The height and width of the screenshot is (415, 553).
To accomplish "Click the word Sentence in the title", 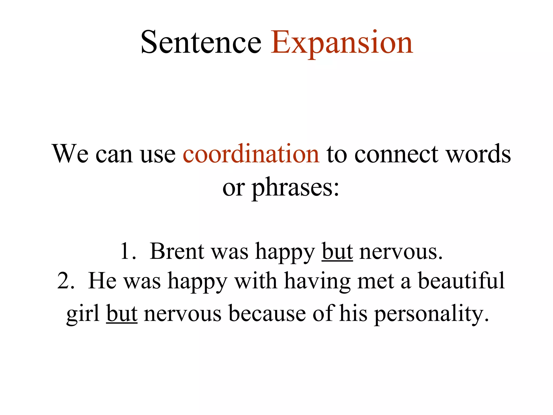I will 201,42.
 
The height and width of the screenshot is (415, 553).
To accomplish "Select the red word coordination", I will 251,154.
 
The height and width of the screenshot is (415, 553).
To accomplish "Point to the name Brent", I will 177,251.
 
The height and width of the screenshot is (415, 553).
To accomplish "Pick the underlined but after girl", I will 122,314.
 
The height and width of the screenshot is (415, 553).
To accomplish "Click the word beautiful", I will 461,281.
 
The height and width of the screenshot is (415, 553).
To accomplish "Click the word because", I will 267,314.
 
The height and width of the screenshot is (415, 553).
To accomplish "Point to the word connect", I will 396,154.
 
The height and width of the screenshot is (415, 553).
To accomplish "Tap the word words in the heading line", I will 478,154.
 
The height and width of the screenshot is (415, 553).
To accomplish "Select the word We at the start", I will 70,154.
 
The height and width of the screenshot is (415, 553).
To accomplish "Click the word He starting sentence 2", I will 102,281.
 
